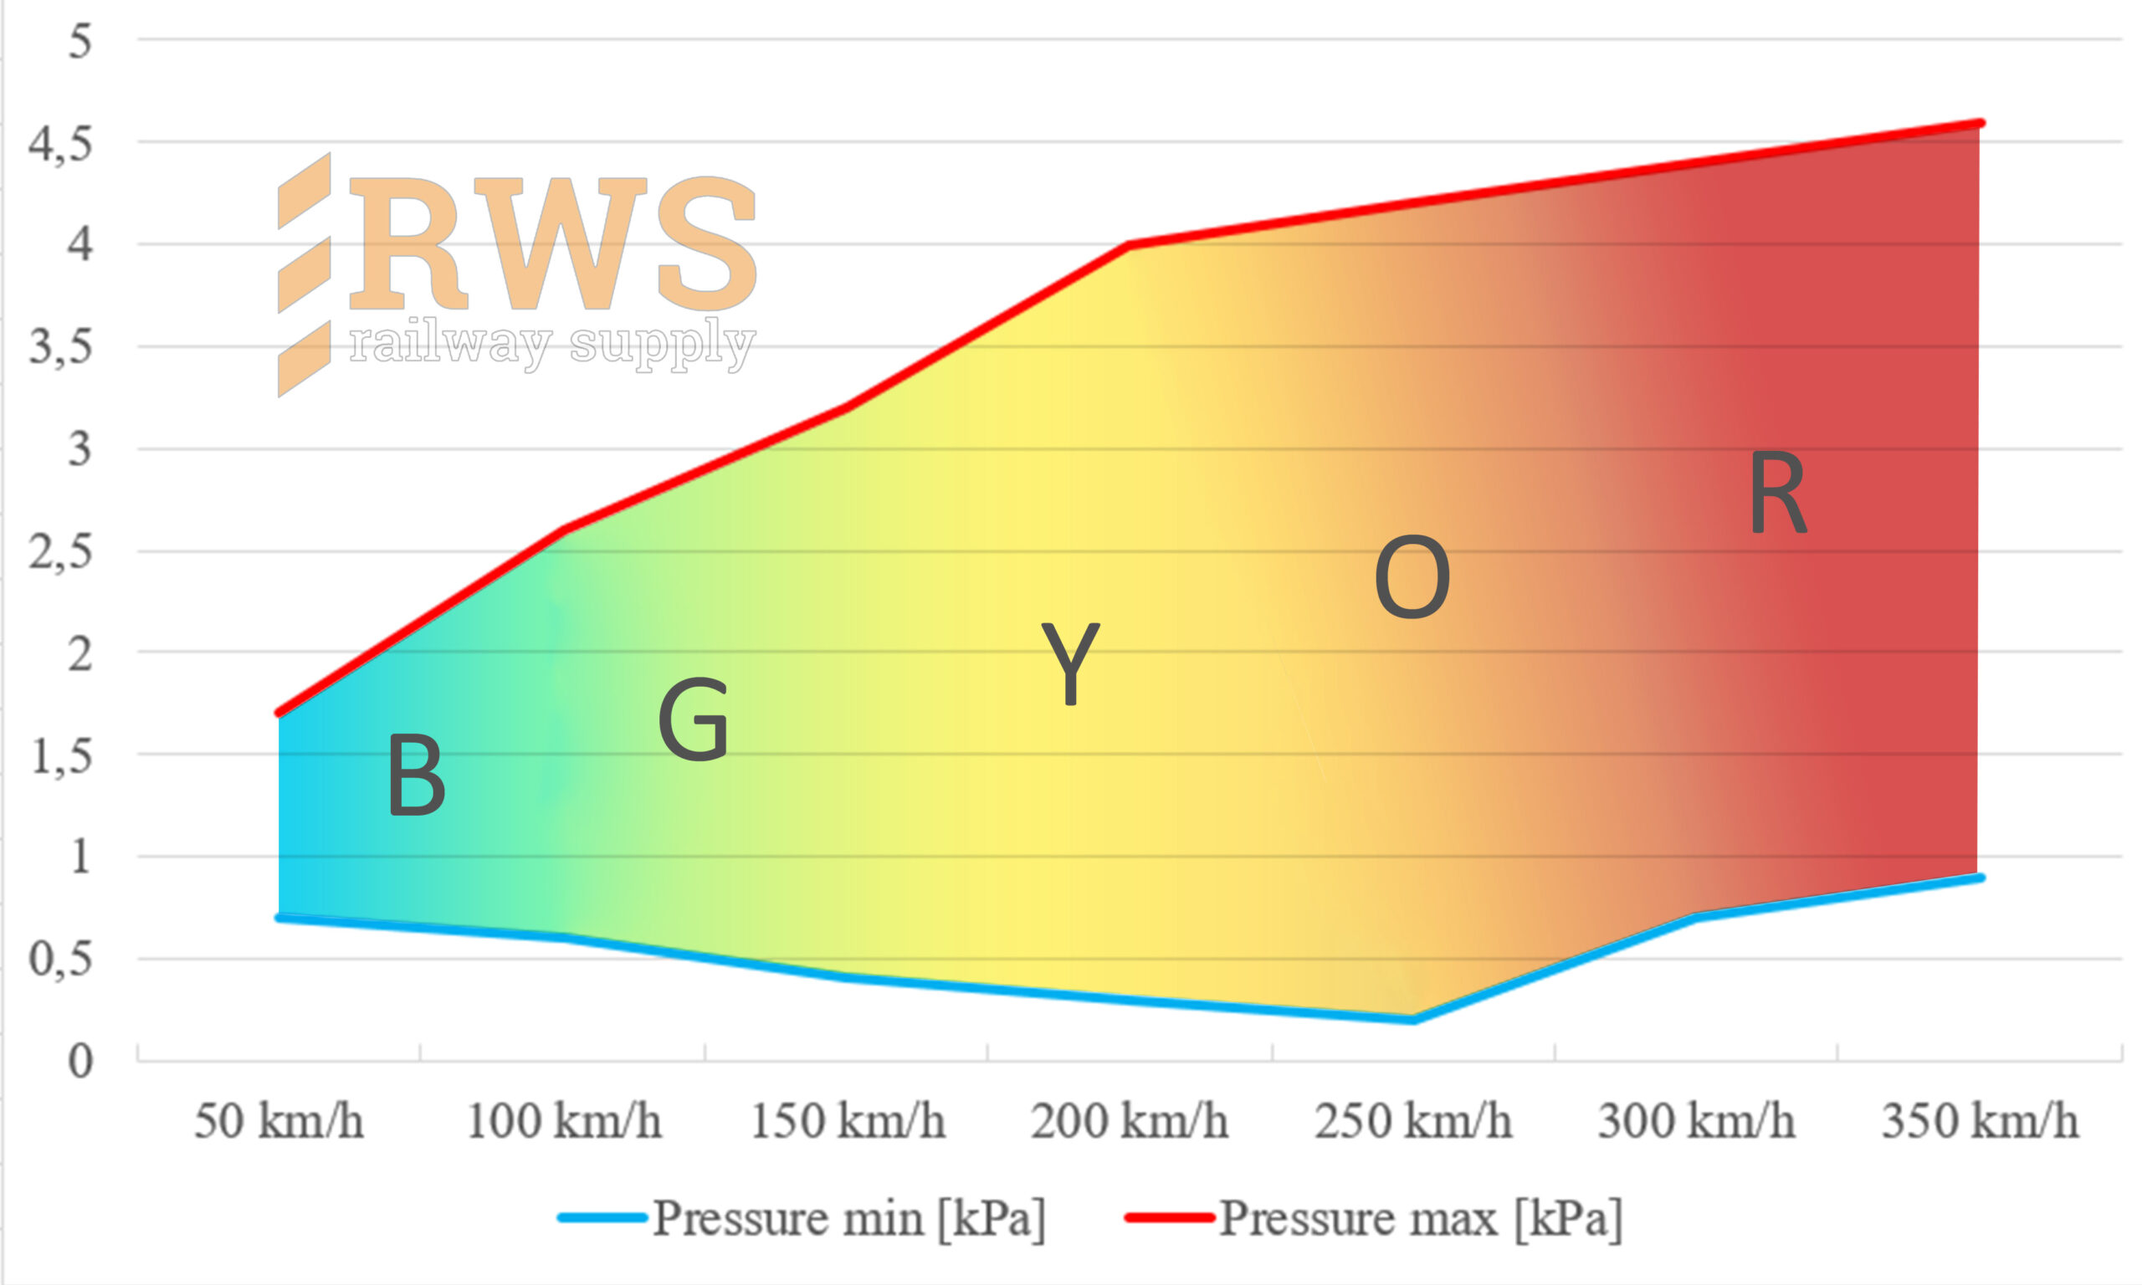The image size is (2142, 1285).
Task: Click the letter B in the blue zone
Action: click(417, 776)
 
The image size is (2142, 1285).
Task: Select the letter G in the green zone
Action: click(693, 720)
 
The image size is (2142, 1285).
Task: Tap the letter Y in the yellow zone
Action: click(1070, 663)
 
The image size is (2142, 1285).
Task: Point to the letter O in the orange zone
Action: click(1412, 577)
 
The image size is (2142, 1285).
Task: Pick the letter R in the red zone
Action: click(1777, 494)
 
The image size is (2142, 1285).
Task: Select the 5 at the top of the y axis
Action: click(79, 41)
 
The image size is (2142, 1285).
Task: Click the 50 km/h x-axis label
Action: click(278, 1121)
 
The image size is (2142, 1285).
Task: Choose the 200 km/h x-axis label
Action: click(1129, 1121)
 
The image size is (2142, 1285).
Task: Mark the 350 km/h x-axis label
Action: click(1980, 1121)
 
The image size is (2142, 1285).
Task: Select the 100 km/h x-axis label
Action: click(564, 1121)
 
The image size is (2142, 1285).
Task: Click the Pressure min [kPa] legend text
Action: click(848, 1218)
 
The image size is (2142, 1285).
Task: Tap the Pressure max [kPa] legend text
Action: click(1421, 1218)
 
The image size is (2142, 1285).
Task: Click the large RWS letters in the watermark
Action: click(554, 244)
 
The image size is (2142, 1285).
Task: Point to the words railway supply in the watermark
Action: click(552, 345)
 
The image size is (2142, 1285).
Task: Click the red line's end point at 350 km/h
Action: click(1979, 124)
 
